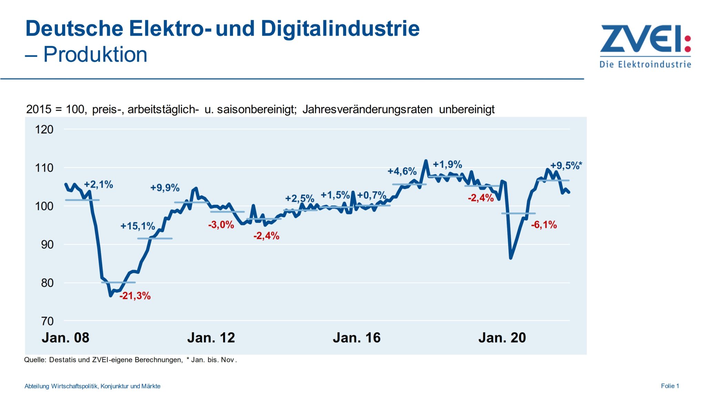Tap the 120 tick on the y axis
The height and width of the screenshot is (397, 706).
44,130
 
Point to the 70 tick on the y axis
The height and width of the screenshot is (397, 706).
47,321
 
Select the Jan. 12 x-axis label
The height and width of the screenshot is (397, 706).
211,338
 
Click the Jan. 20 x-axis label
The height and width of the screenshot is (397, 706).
502,338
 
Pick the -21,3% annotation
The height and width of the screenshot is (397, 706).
135,296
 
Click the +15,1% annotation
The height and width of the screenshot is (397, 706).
138,226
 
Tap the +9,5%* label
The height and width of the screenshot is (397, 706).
566,166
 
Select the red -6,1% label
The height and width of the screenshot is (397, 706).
544,225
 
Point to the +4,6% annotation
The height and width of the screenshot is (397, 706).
402,171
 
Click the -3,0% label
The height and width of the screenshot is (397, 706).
221,225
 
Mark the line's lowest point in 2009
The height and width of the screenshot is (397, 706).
111,295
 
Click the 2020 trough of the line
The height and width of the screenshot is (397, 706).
511,258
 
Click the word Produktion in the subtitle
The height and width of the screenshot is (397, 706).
95,54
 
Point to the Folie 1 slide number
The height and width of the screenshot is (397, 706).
669,386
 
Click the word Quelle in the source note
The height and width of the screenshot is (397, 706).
35,360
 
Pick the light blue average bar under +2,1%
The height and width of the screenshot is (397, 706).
82,200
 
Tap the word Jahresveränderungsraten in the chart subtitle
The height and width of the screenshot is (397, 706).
367,110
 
